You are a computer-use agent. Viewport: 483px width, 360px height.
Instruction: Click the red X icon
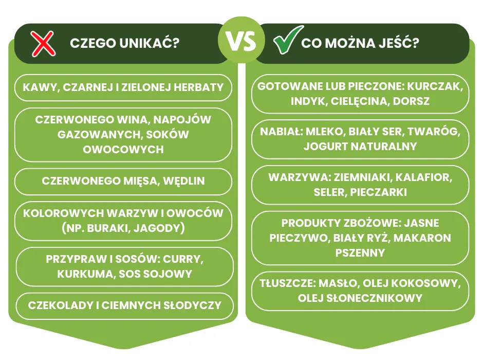pyautogui.click(x=43, y=44)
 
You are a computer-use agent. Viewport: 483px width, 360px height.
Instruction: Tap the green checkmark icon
pyautogui.click(x=283, y=44)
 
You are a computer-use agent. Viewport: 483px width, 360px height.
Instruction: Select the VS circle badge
pyautogui.click(x=242, y=42)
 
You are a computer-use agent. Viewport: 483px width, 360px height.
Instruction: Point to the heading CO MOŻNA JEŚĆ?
pyautogui.click(x=360, y=44)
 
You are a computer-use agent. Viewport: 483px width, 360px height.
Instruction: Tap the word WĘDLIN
pyautogui.click(x=182, y=181)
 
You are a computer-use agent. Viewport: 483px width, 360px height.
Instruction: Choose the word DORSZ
pyautogui.click(x=412, y=101)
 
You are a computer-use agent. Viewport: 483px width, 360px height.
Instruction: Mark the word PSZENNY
pyautogui.click(x=360, y=253)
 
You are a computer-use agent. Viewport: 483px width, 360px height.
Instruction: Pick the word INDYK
pyautogui.click(x=308, y=101)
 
